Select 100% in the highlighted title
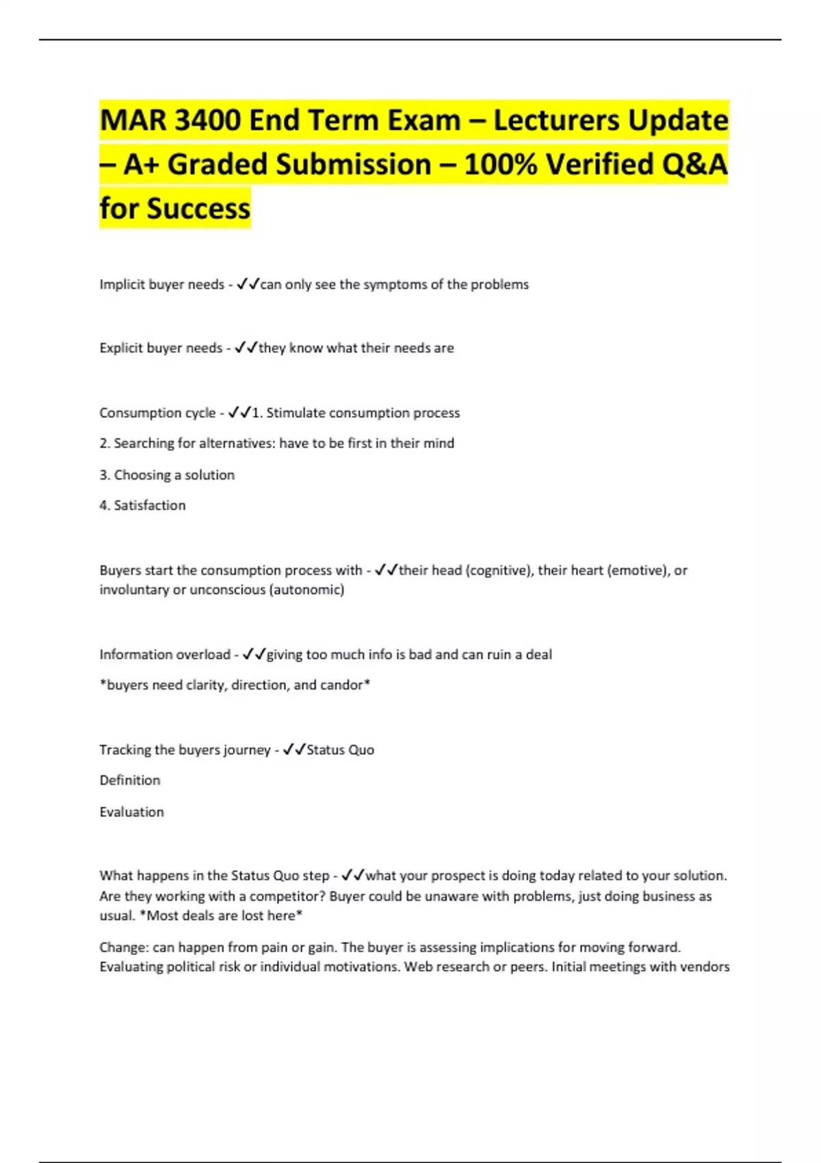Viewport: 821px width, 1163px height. pyautogui.click(x=500, y=164)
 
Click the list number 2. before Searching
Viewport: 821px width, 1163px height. pyautogui.click(x=105, y=443)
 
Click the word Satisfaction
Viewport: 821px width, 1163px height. pyautogui.click(x=150, y=506)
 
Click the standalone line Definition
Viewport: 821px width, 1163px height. pyautogui.click(x=130, y=781)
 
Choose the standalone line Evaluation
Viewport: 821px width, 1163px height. pyautogui.click(x=132, y=812)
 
